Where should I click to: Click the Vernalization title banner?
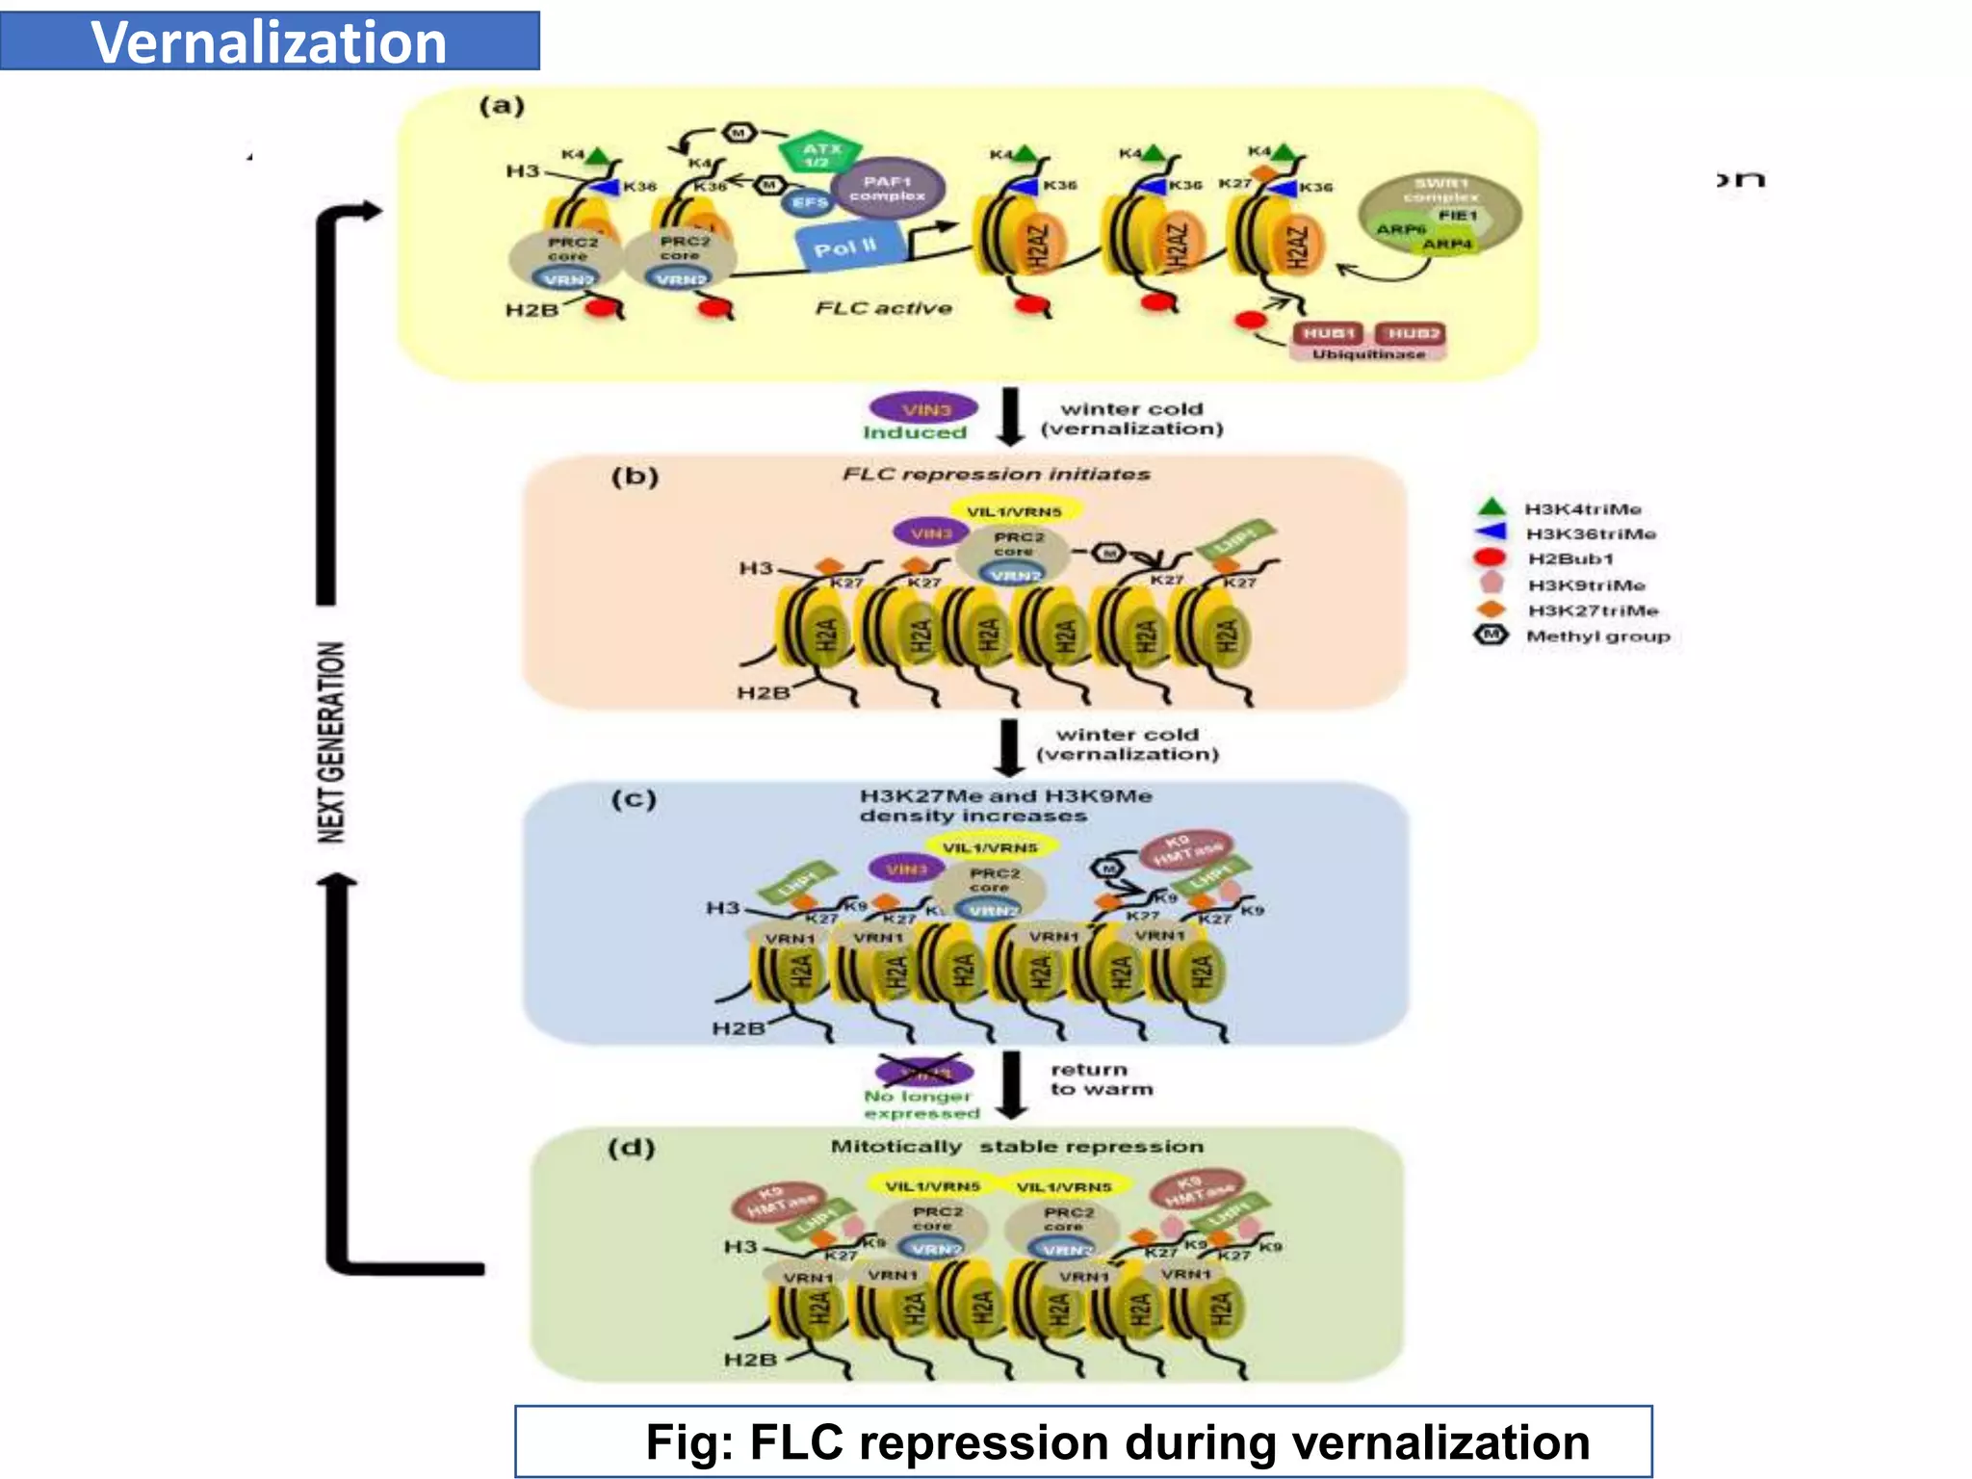pyautogui.click(x=270, y=41)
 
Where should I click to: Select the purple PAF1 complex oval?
pyautogui.click(x=888, y=188)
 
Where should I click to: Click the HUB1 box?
pyautogui.click(x=1330, y=333)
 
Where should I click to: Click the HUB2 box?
pyautogui.click(x=1413, y=333)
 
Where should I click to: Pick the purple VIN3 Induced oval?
pyautogui.click(x=924, y=409)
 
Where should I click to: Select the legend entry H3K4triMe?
pyautogui.click(x=1582, y=508)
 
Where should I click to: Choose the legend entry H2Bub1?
pyautogui.click(x=1570, y=558)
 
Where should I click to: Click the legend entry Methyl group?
pyautogui.click(x=1596, y=636)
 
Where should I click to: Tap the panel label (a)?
pyautogui.click(x=502, y=105)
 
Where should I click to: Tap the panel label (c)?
pyautogui.click(x=634, y=798)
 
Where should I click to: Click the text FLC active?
pyautogui.click(x=883, y=308)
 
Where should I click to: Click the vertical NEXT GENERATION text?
pyautogui.click(x=331, y=741)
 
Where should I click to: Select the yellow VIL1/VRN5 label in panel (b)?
pyautogui.click(x=1014, y=511)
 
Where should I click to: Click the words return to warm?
pyautogui.click(x=1101, y=1078)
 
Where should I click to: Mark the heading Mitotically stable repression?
pyautogui.click(x=1016, y=1147)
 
